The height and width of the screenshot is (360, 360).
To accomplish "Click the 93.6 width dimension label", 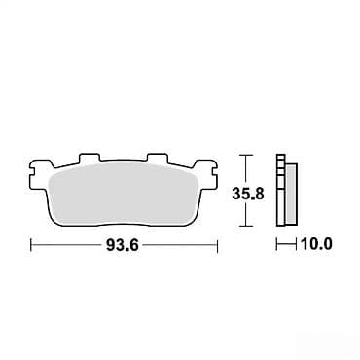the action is [x=123, y=245].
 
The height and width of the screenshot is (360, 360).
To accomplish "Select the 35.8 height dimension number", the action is [x=248, y=194].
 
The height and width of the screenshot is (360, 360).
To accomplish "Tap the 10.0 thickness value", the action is [x=316, y=243].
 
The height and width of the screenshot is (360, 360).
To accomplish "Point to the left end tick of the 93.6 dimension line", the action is [x=31, y=245].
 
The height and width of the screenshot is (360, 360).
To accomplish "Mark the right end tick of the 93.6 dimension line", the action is [x=217, y=245].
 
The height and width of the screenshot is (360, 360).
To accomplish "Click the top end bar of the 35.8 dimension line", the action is [x=247, y=156].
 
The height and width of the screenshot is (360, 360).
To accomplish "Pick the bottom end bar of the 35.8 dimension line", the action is [x=247, y=226].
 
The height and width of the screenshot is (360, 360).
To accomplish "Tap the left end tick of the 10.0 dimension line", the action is [x=276, y=244].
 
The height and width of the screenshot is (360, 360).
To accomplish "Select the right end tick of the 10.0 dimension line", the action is [x=297, y=244].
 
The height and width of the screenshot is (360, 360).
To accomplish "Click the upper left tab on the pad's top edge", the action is [x=89, y=158].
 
